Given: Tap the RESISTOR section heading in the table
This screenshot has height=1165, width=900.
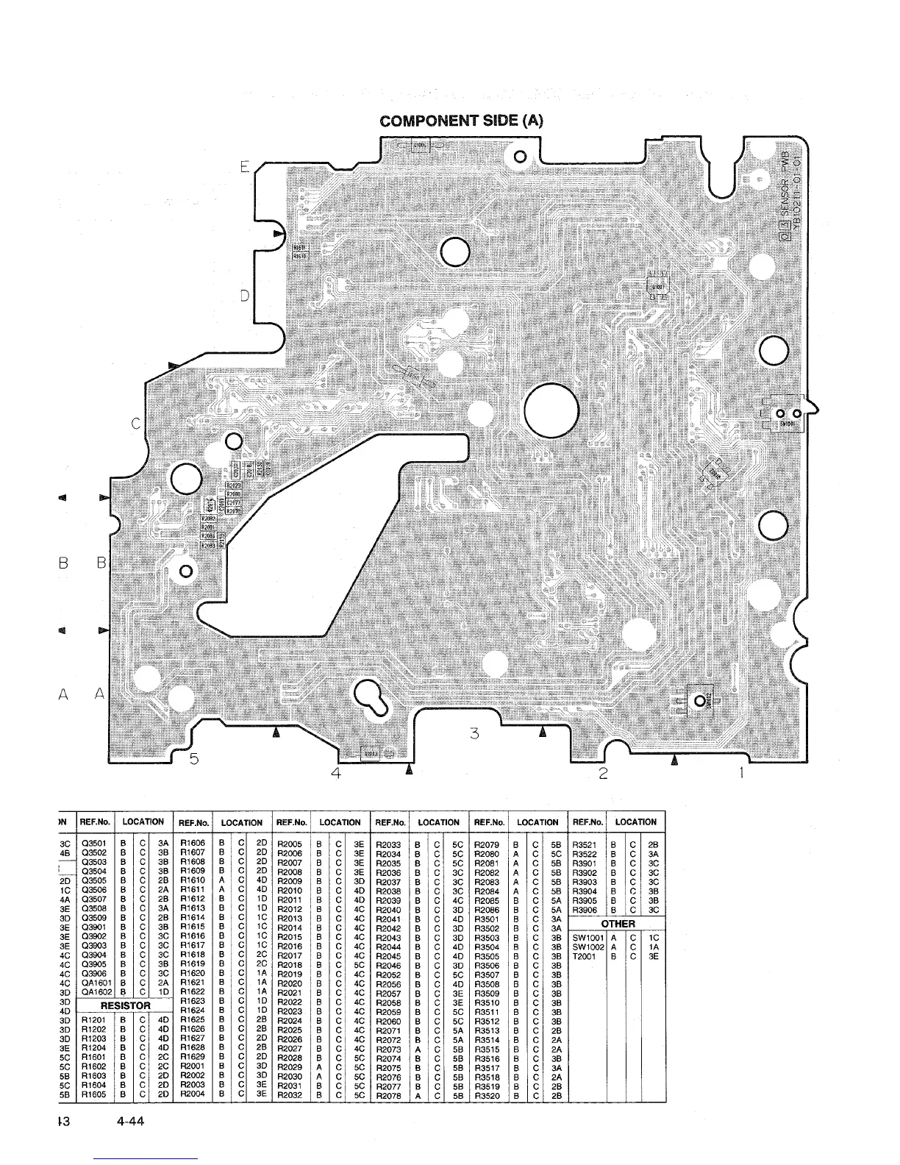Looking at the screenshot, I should click(125, 1005).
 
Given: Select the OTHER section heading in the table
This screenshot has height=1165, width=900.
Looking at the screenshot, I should click(618, 924).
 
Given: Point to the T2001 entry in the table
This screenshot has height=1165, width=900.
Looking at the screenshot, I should click(586, 956).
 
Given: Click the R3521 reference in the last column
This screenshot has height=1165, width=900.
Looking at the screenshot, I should click(587, 844).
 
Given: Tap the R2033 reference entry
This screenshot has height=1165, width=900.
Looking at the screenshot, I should click(390, 844).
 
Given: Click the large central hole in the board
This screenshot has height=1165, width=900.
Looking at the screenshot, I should click(552, 410).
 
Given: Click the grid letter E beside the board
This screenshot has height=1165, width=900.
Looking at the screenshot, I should click(245, 166).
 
